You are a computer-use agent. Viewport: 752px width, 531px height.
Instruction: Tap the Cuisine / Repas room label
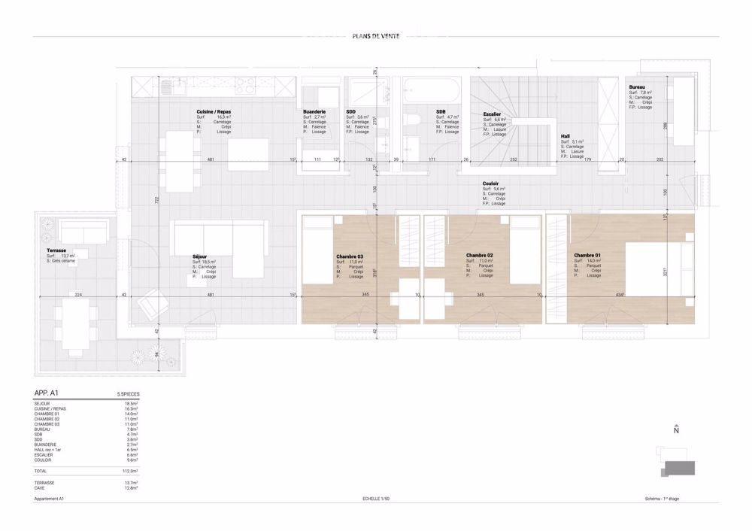(214, 111)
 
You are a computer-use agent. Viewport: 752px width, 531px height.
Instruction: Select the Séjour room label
(200, 256)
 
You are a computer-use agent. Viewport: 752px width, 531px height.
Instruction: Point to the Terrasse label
(55, 251)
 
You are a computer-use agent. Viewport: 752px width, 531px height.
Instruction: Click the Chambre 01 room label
(587, 256)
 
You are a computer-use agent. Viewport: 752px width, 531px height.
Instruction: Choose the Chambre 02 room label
(479, 256)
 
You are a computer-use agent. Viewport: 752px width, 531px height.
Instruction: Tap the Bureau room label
(637, 88)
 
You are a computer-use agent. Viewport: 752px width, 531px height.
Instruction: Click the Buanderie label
(314, 111)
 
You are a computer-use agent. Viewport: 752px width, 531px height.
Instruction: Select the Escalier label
(493, 115)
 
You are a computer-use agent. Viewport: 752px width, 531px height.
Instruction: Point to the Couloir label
(492, 183)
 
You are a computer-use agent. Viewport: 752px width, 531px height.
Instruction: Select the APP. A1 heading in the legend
(47, 393)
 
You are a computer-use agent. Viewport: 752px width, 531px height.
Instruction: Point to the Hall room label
(566, 136)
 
